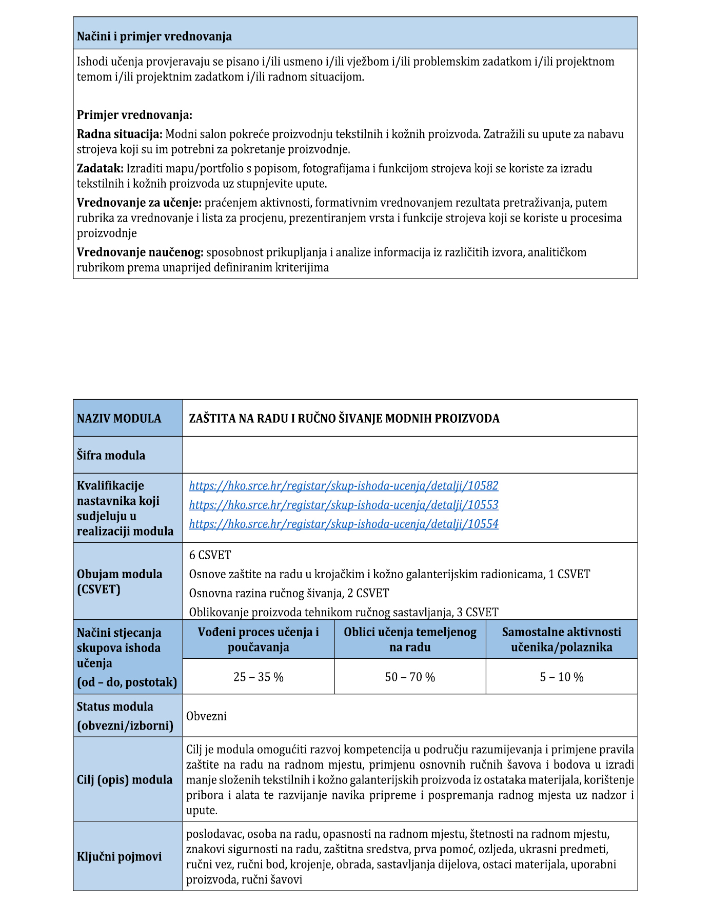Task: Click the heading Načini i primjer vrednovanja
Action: [154, 36]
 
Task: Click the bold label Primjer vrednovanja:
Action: [134, 115]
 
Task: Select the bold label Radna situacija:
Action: [120, 134]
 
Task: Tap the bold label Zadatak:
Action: [100, 168]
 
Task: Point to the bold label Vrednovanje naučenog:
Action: [140, 252]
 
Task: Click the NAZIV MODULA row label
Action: [119, 418]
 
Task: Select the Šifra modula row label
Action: [111, 455]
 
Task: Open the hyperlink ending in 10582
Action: [343, 485]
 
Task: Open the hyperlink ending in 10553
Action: [343, 505]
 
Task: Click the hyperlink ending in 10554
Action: [343, 524]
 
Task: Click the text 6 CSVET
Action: [210, 555]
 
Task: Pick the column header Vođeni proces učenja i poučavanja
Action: [258, 639]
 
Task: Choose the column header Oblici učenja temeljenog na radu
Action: [410, 639]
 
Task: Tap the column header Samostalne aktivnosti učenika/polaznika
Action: [561, 639]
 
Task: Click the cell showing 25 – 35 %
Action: [258, 677]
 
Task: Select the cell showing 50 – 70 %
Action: [410, 677]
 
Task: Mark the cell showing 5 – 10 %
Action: [561, 677]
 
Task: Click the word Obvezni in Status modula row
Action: [206, 716]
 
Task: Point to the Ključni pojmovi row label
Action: [119, 856]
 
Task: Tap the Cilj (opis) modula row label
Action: [125, 779]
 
